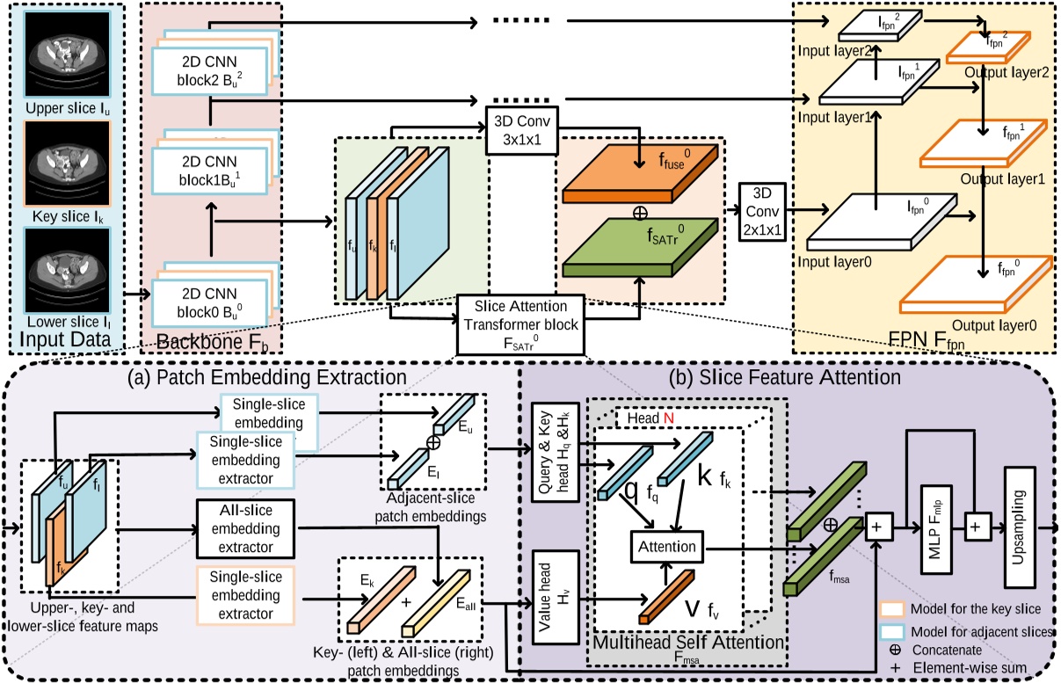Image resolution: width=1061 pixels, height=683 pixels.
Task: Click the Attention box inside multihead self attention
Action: click(665, 546)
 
